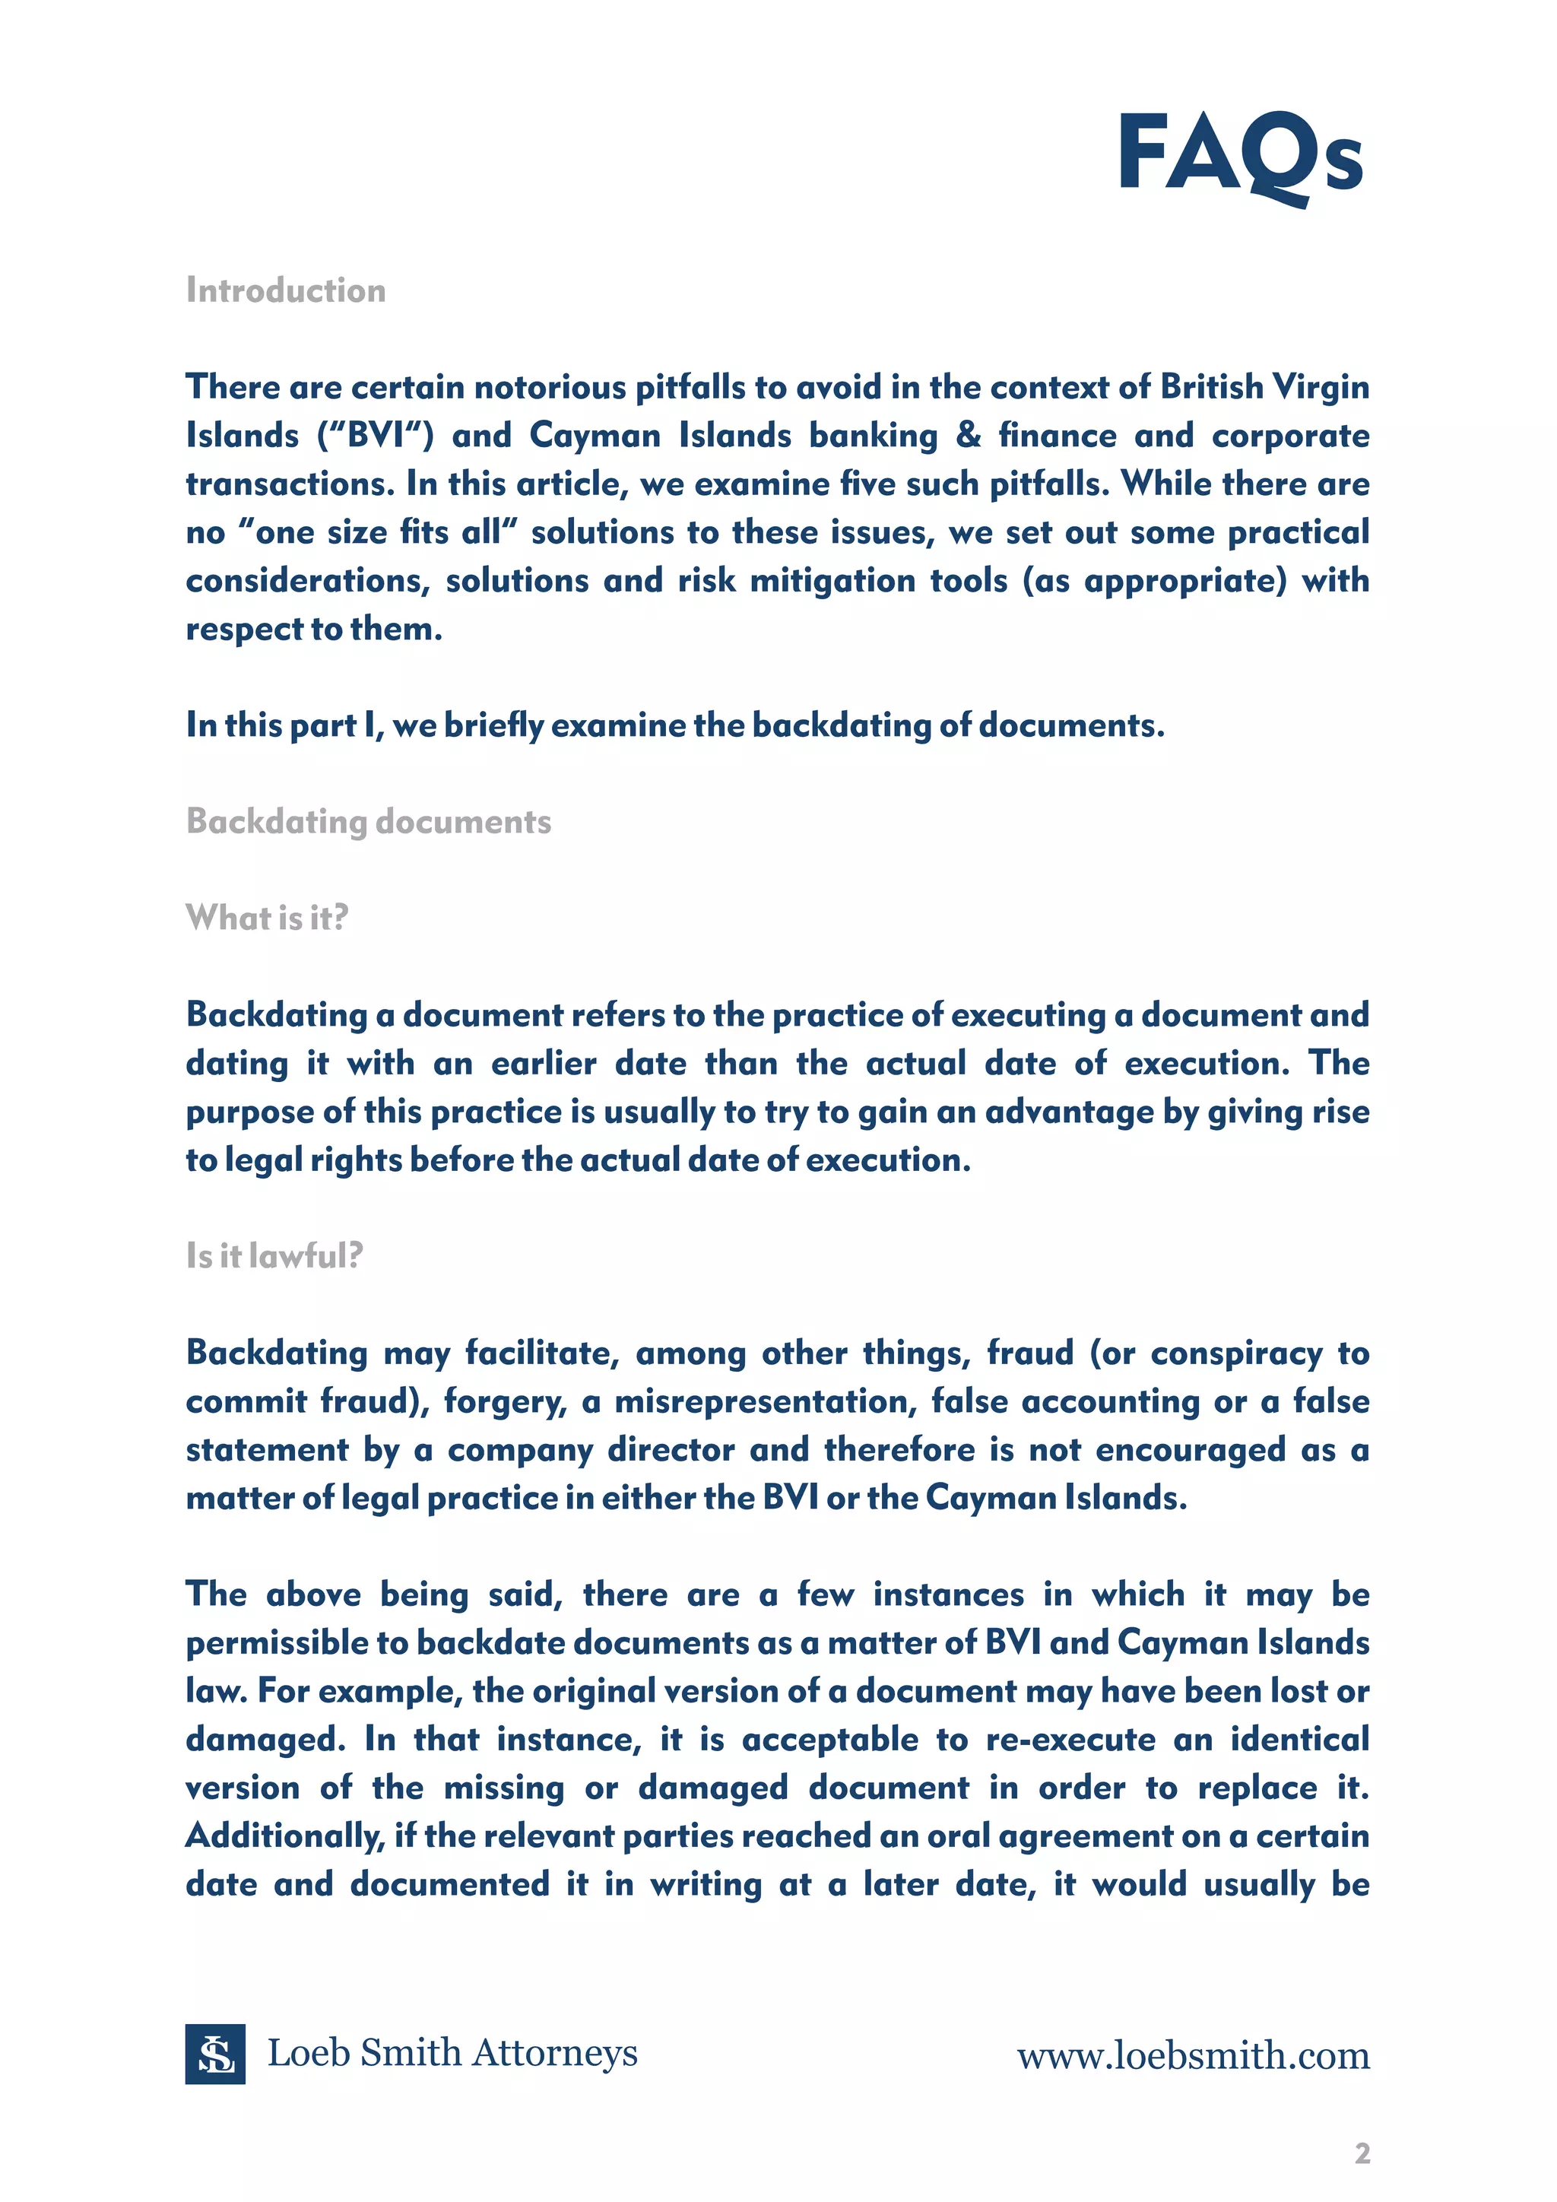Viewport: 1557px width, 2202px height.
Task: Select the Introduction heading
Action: pos(286,290)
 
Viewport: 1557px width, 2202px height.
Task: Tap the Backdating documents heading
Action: pos(368,822)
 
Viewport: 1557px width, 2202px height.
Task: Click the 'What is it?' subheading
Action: pos(267,918)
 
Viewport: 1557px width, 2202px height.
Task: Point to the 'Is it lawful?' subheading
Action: pos(274,1255)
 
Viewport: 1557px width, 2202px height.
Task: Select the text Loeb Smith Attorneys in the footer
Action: pos(452,2053)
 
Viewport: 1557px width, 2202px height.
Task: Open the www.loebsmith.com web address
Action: pos(1193,2055)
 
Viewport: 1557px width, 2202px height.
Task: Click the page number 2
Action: pos(1362,2153)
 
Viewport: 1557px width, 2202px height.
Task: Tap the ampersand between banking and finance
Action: pos(969,436)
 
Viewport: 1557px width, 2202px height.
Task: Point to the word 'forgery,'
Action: pos(504,1402)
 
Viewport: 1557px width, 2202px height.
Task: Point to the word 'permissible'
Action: pos(277,1644)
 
